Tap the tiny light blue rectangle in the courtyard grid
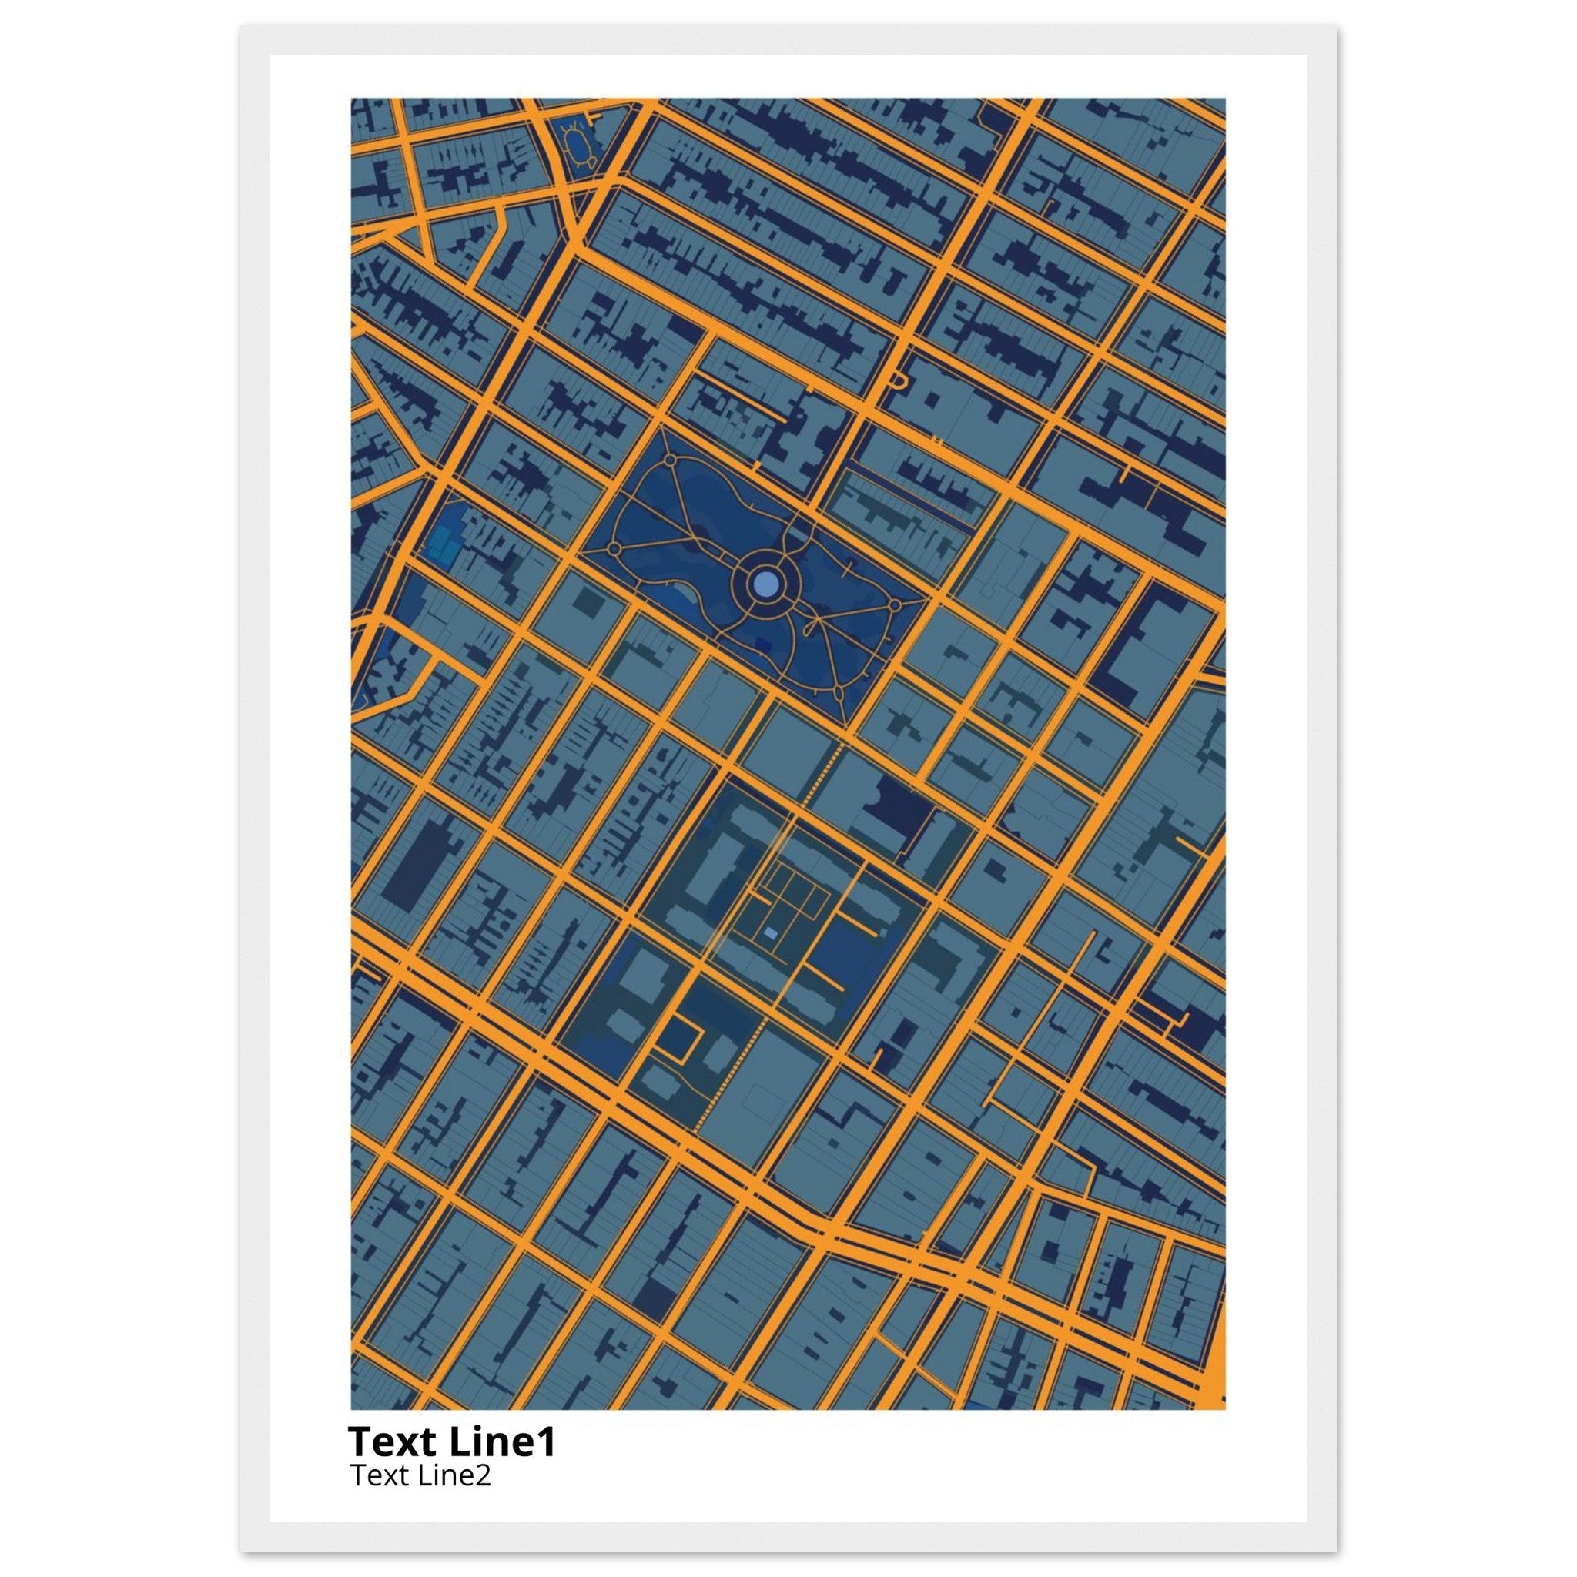[772, 933]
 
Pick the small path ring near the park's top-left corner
[669, 460]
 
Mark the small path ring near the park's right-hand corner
[894, 606]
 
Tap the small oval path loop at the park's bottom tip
[840, 692]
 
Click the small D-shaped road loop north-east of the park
[899, 380]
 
